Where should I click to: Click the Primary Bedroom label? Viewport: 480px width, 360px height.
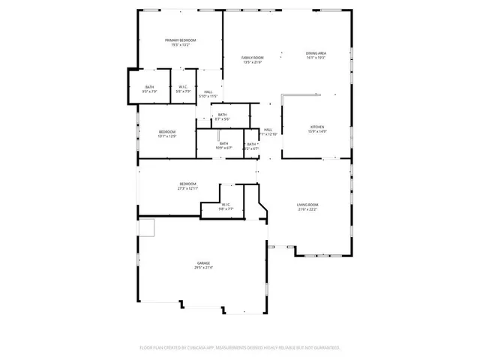(x=180, y=40)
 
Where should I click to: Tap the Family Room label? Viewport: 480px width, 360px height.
(x=252, y=58)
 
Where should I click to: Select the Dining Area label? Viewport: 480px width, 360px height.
(x=316, y=53)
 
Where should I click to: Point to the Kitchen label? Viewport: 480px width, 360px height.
(x=316, y=127)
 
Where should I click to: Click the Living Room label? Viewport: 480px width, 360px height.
(x=307, y=205)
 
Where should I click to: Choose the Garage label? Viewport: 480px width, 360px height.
(x=203, y=262)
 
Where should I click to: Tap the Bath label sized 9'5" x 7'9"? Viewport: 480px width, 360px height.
(x=149, y=87)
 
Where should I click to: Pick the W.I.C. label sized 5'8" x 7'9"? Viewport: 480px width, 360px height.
(x=183, y=87)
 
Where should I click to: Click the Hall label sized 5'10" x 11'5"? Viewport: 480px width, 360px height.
(x=208, y=91)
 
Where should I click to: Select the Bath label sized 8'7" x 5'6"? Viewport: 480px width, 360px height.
(x=222, y=115)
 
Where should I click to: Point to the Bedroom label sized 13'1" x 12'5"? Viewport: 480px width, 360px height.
(x=166, y=132)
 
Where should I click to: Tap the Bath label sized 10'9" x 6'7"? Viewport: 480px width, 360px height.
(x=223, y=143)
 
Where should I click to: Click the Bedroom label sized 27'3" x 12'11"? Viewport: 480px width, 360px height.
(x=187, y=184)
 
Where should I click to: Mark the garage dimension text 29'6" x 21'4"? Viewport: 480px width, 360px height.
(x=203, y=268)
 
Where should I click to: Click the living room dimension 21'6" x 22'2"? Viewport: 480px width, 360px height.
(x=307, y=210)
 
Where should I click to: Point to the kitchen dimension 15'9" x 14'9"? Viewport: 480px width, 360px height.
(x=316, y=133)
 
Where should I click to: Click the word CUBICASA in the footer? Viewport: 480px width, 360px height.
(x=198, y=348)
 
